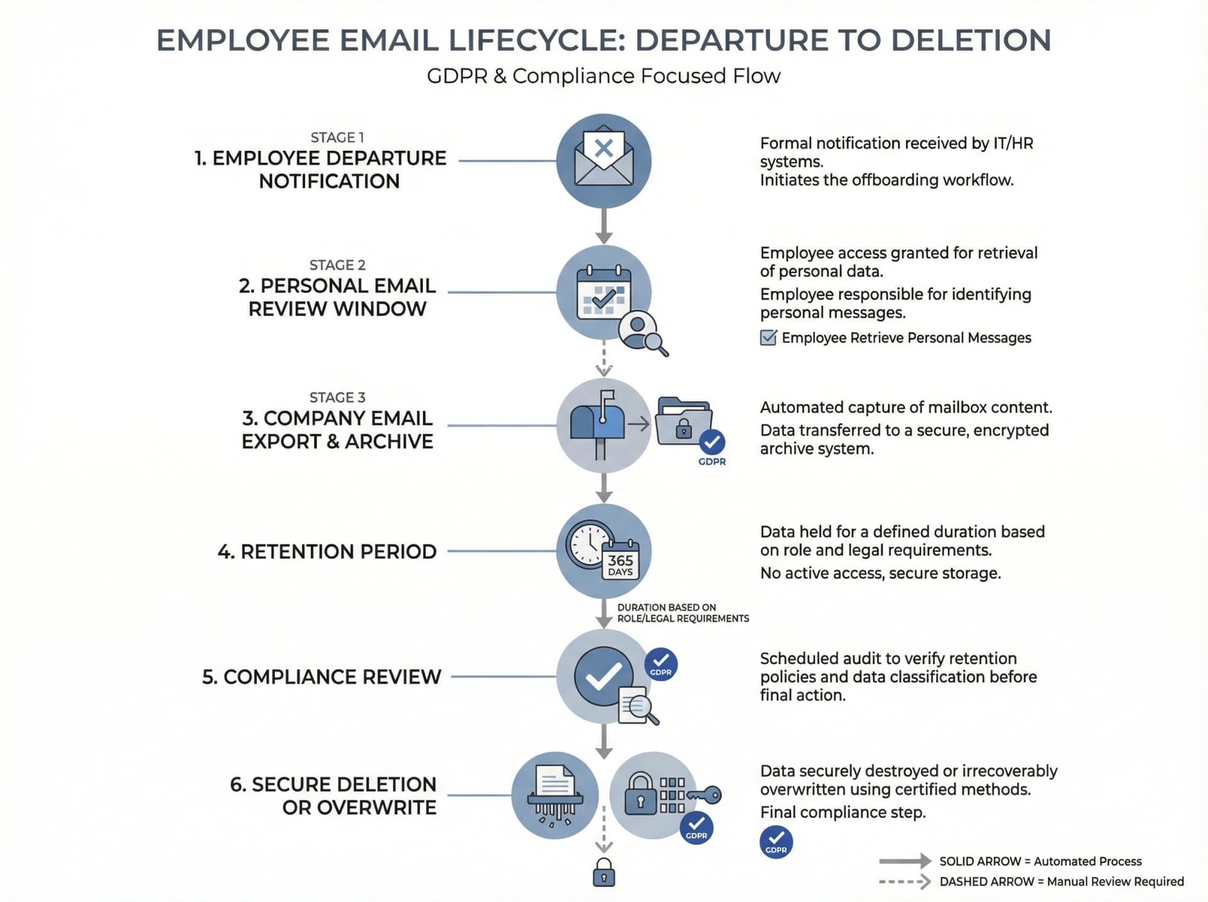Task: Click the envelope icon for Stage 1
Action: pos(603,158)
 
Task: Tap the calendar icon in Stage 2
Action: pos(603,293)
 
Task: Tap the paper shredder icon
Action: pos(555,795)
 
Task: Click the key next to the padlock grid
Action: pos(706,795)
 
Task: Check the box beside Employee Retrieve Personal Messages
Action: pos(768,338)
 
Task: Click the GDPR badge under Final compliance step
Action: pos(776,842)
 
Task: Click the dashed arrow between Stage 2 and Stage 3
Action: pos(604,359)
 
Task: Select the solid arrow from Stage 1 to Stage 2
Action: pos(604,226)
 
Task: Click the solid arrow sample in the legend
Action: pos(905,860)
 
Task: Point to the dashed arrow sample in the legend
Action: pos(905,881)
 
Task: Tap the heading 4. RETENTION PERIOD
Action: pos(327,551)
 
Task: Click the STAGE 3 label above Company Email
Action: pos(337,397)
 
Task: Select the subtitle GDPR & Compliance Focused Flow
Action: pos(603,76)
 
